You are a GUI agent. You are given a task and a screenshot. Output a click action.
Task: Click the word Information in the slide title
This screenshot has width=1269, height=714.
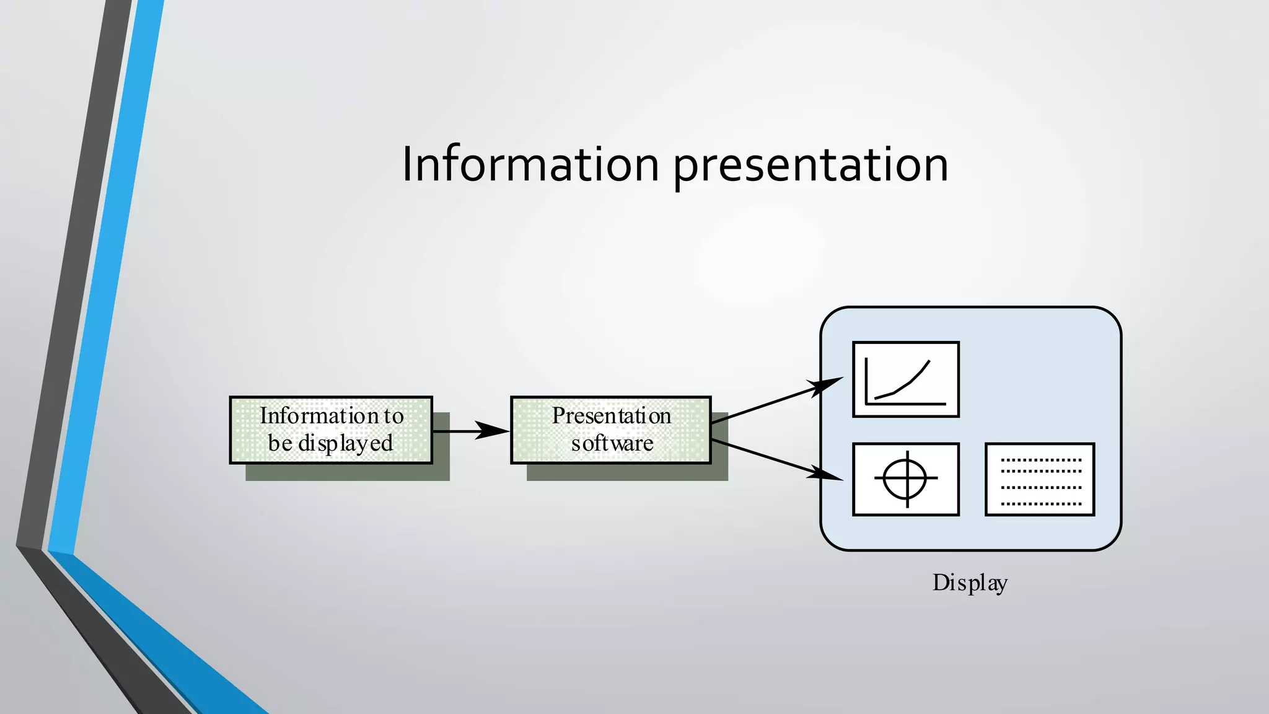coord(530,164)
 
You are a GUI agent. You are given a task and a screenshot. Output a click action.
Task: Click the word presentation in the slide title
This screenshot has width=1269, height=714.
coord(810,166)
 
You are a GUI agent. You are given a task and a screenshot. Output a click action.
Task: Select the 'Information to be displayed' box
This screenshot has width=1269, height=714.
coord(331,430)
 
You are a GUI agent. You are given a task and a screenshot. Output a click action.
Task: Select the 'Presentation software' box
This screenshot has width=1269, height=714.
coord(610,430)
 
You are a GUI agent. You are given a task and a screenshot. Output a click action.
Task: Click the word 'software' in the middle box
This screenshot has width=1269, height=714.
coord(612,444)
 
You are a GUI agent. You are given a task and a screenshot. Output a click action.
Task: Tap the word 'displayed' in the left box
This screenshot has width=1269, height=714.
coord(346,444)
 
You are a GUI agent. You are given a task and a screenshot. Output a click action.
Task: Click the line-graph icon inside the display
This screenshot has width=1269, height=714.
coord(905,379)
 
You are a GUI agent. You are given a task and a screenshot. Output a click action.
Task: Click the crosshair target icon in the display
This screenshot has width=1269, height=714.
coord(905,479)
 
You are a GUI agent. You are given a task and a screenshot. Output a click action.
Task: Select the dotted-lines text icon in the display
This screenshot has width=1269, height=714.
coord(1040,479)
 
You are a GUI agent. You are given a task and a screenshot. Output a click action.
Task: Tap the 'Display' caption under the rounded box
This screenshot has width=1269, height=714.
coord(970,583)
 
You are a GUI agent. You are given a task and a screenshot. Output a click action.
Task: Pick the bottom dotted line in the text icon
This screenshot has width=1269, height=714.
coord(1040,504)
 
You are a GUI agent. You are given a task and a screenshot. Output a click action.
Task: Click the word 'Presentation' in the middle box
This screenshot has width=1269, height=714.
coord(612,416)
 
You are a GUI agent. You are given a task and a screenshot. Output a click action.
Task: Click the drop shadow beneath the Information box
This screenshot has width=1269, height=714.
coord(347,472)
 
